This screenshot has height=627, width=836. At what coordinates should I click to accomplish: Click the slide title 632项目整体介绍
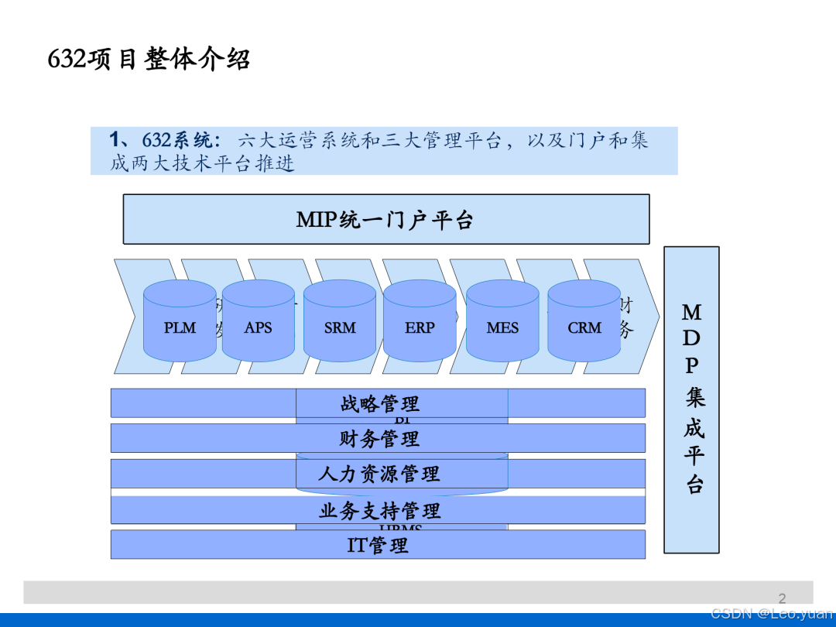pos(149,60)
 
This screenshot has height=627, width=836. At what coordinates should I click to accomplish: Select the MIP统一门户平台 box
pos(385,220)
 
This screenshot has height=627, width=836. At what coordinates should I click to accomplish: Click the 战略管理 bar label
pos(379,403)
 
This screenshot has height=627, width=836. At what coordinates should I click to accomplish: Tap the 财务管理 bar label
pos(379,439)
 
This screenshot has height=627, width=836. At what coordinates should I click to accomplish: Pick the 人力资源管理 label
pos(379,474)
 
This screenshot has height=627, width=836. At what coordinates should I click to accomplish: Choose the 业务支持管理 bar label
pos(379,510)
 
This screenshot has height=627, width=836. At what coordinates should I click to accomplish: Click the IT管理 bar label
pos(378,545)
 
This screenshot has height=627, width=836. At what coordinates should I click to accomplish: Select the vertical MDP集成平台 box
pos(691,399)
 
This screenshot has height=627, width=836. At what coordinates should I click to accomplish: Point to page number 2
pos(782,598)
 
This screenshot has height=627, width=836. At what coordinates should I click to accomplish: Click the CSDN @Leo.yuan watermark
pos(772,614)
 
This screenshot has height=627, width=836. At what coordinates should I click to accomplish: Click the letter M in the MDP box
pos(691,313)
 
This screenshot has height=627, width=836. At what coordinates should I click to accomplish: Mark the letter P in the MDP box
pos(691,365)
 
